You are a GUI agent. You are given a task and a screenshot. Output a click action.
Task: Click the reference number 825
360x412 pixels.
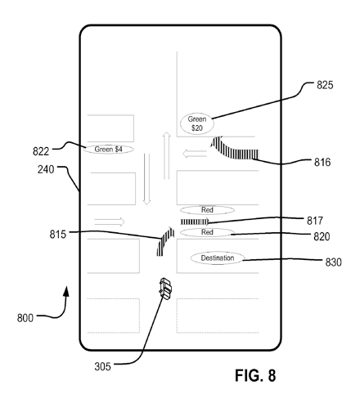click(325, 85)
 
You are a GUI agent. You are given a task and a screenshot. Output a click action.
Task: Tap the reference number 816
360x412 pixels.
click(322, 163)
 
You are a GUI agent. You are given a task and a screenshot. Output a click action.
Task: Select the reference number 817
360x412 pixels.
click(315, 221)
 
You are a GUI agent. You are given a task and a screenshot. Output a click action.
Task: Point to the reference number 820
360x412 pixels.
click(322, 236)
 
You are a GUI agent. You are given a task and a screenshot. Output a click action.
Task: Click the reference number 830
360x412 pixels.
click(334, 262)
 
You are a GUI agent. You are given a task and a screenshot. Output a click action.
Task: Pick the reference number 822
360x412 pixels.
click(41, 151)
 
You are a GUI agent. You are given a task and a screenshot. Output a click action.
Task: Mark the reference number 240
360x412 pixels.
click(46, 170)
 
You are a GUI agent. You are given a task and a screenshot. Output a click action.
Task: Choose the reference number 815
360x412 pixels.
click(58, 235)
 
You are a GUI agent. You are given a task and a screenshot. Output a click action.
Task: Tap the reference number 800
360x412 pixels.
click(25, 318)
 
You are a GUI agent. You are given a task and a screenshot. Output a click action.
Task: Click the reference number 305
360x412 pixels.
click(103, 367)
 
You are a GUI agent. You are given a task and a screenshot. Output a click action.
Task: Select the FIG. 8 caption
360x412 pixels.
click(255, 375)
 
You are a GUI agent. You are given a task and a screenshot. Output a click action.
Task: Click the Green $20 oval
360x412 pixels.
click(197, 123)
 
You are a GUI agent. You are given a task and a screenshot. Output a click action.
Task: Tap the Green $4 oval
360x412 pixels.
click(109, 150)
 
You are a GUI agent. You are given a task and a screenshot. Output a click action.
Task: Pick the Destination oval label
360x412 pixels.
click(218, 258)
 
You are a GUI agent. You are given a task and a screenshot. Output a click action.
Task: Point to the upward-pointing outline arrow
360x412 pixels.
click(167, 155)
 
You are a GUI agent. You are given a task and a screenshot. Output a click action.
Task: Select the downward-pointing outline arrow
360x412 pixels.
click(146, 179)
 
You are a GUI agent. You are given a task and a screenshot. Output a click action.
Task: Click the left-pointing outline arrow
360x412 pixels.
click(195, 154)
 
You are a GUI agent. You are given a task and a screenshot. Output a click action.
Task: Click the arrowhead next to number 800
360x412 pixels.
click(66, 291)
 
